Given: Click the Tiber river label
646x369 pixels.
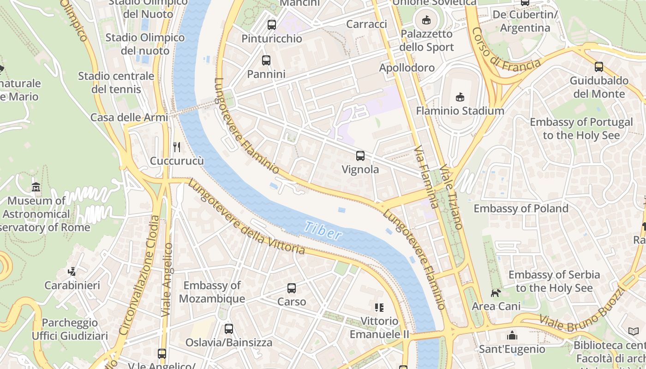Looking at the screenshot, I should coord(323,231).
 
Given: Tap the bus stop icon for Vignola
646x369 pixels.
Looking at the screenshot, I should coord(360,156).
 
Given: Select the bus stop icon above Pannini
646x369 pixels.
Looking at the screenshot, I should coord(266,60).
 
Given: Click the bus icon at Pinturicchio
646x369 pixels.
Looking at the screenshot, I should coord(272,25).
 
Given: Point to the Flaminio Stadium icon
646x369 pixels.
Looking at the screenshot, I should coord(460,97).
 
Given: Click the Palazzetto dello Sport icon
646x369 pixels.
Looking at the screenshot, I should coord(426,20).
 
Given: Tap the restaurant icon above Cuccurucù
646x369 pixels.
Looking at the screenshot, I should coord(177,147).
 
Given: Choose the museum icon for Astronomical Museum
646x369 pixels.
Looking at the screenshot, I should coord(36,187).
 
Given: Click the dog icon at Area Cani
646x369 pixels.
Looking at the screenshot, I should coord(496,293).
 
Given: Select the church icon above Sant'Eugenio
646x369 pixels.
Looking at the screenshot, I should coord(512,335).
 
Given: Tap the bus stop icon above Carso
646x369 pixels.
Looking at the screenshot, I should coord(292,288).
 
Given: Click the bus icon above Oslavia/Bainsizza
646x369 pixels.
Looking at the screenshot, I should coord(229,329).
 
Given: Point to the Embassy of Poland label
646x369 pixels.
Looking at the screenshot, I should coord(521,208).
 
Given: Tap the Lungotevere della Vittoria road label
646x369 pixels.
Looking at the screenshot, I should coord(246,217).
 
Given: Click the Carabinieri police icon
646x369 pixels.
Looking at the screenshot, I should coord(72,272).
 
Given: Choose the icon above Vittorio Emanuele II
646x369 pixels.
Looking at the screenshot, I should coord(379,307).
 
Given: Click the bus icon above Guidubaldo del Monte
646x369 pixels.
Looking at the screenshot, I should coord(599,67).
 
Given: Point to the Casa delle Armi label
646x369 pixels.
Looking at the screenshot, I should coord(129,117).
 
